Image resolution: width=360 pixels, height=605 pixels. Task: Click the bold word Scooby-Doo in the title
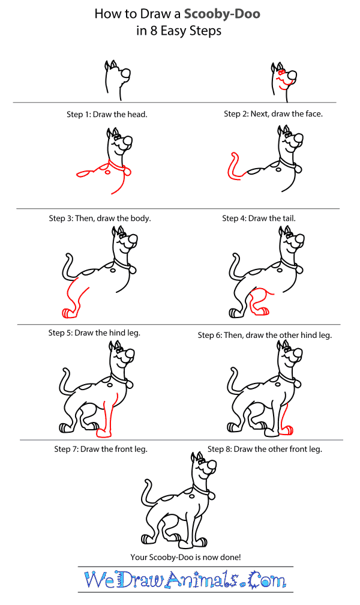click(x=222, y=14)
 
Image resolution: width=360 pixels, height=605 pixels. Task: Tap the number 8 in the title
click(x=153, y=31)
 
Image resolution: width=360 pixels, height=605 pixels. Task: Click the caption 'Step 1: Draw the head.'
click(x=107, y=114)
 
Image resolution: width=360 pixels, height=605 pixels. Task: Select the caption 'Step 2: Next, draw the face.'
click(x=273, y=114)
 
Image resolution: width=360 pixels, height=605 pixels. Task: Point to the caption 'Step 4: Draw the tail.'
click(x=259, y=218)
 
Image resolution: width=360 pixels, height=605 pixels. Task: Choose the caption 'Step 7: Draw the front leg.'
click(x=101, y=449)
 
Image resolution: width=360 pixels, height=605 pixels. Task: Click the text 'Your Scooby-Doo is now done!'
click(x=185, y=557)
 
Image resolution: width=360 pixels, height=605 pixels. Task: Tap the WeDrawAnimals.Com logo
click(x=185, y=580)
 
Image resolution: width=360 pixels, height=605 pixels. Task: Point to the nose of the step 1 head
click(x=125, y=73)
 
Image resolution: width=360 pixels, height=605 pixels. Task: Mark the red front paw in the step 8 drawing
click(x=286, y=430)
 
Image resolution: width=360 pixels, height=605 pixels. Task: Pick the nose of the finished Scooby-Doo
click(x=211, y=463)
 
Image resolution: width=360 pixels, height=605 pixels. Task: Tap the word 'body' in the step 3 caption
click(x=140, y=218)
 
